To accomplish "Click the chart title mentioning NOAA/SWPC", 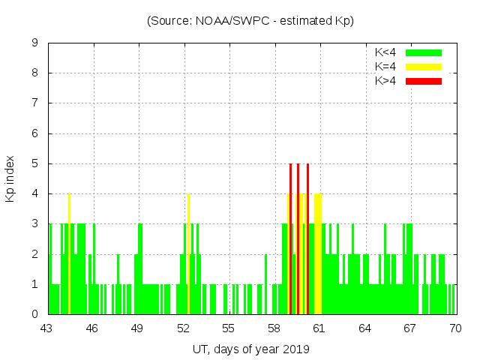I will pyautogui.click(x=250, y=21).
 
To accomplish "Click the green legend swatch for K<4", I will pyautogui.click(x=424, y=52).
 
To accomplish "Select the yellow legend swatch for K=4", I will pyautogui.click(x=424, y=67).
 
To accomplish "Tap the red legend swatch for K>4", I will pyautogui.click(x=424, y=81).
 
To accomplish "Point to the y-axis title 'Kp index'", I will pyautogui.click(x=10, y=178).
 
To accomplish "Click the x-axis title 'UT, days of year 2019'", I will pyautogui.click(x=250, y=349).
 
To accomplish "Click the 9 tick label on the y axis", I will pyautogui.click(x=34, y=43).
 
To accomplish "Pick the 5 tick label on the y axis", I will pyautogui.click(x=34, y=163).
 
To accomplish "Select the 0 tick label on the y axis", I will pyautogui.click(x=34, y=314).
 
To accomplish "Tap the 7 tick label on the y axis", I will pyautogui.click(x=34, y=103).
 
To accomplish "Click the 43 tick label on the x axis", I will pyautogui.click(x=46, y=328).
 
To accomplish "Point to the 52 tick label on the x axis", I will pyautogui.click(x=184, y=328).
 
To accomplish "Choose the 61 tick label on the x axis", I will pyautogui.click(x=319, y=328).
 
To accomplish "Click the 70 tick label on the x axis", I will pyautogui.click(x=455, y=328).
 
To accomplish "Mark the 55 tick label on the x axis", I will pyautogui.click(x=229, y=328).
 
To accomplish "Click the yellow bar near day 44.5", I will pyautogui.click(x=69, y=255).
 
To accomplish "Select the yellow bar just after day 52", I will pyautogui.click(x=188, y=255).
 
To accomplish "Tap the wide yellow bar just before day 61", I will pyautogui.click(x=319, y=255).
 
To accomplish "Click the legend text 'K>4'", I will pyautogui.click(x=385, y=81).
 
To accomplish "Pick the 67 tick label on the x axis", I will pyautogui.click(x=410, y=328).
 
